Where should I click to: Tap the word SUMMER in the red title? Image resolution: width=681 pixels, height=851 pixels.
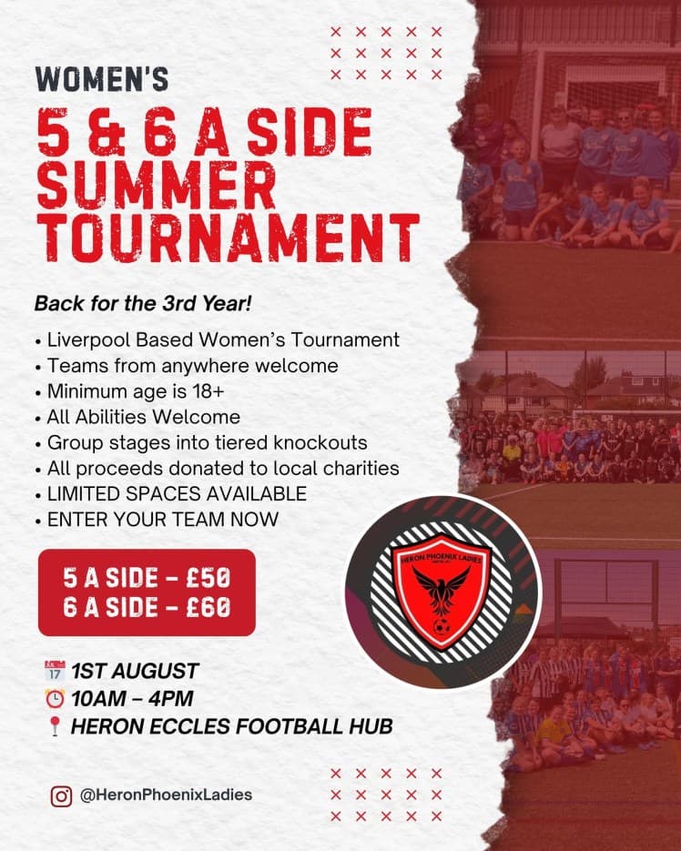click(x=156, y=187)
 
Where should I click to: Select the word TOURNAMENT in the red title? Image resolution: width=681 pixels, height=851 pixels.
click(x=227, y=239)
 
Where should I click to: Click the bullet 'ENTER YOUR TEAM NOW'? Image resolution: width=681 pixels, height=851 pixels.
click(x=160, y=521)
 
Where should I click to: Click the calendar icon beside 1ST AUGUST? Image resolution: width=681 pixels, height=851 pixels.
click(x=55, y=673)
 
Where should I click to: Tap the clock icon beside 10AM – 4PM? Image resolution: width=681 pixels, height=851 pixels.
click(x=55, y=699)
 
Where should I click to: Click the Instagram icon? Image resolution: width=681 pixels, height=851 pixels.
click(x=61, y=795)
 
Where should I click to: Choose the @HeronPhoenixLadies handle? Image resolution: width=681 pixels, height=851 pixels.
click(x=166, y=795)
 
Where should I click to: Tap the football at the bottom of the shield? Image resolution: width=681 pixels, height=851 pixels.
click(x=442, y=628)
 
